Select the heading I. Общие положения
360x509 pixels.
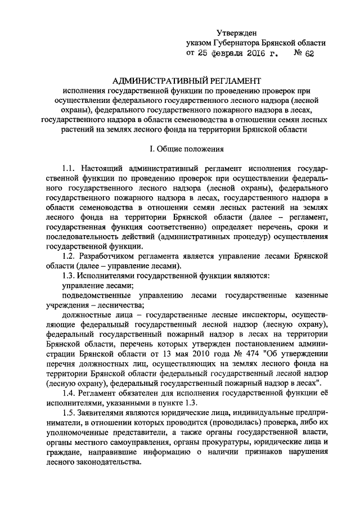pos(179,149)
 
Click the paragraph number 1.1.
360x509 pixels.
pos(70,168)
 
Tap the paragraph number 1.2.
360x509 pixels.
pos(70,256)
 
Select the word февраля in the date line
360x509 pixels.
pos(217,53)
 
